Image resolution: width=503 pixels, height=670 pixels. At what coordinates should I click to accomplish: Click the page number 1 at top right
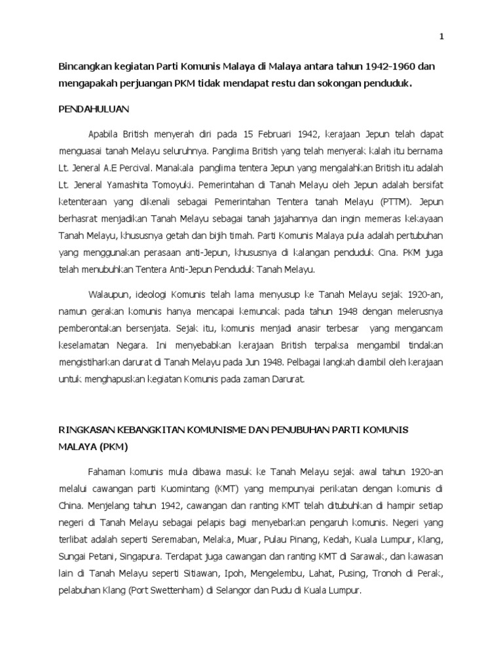(441, 37)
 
